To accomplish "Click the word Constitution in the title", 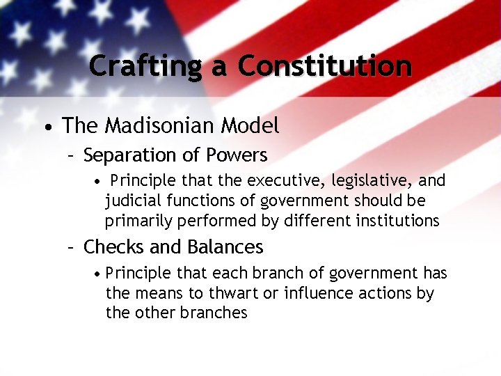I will click(324, 66).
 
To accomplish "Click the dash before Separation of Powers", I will click(70, 155).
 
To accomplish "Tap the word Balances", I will click(225, 247).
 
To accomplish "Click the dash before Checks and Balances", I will click(70, 248).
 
